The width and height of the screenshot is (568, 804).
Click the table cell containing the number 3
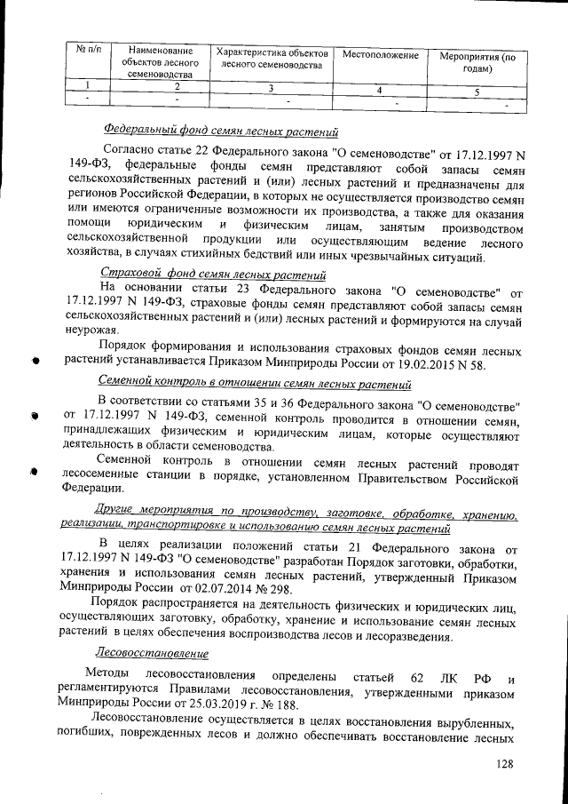(x=270, y=89)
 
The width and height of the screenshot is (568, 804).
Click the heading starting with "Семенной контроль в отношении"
(x=253, y=385)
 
